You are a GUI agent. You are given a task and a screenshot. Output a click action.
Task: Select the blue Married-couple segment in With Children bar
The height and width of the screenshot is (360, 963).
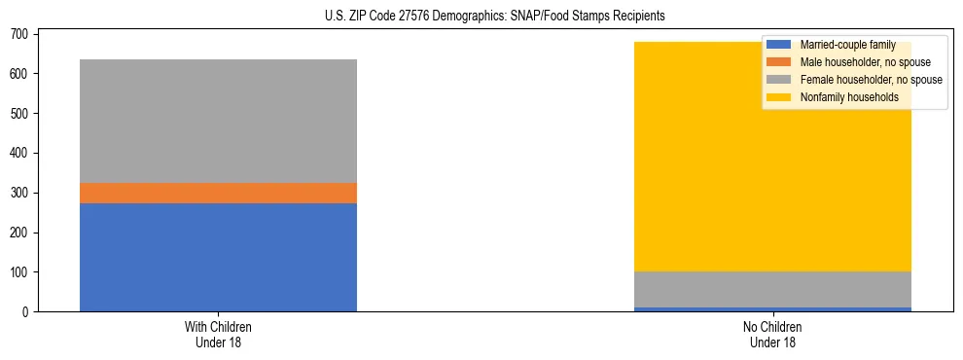[218, 257]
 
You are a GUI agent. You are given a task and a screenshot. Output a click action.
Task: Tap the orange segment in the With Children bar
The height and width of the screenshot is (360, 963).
[218, 193]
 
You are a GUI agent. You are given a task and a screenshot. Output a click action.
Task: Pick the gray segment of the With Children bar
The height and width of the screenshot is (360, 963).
[218, 121]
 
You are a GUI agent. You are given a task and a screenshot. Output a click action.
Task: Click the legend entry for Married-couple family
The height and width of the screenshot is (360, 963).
[847, 45]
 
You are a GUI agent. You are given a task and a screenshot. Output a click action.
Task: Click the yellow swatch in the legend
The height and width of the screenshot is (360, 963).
[780, 97]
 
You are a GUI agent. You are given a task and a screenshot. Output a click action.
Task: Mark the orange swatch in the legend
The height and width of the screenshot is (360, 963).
[780, 62]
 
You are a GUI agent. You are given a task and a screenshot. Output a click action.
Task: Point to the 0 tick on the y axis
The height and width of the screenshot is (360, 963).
[26, 312]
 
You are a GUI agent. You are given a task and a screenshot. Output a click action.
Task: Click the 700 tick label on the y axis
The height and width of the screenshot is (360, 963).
[19, 34]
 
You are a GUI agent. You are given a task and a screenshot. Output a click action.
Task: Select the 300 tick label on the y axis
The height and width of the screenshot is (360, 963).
[19, 193]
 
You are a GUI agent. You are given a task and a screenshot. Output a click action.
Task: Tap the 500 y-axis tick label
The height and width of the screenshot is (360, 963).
[19, 114]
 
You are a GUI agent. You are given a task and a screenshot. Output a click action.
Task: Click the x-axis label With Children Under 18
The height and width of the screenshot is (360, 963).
[218, 334]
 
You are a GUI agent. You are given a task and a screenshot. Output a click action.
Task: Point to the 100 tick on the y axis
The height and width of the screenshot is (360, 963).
[19, 272]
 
